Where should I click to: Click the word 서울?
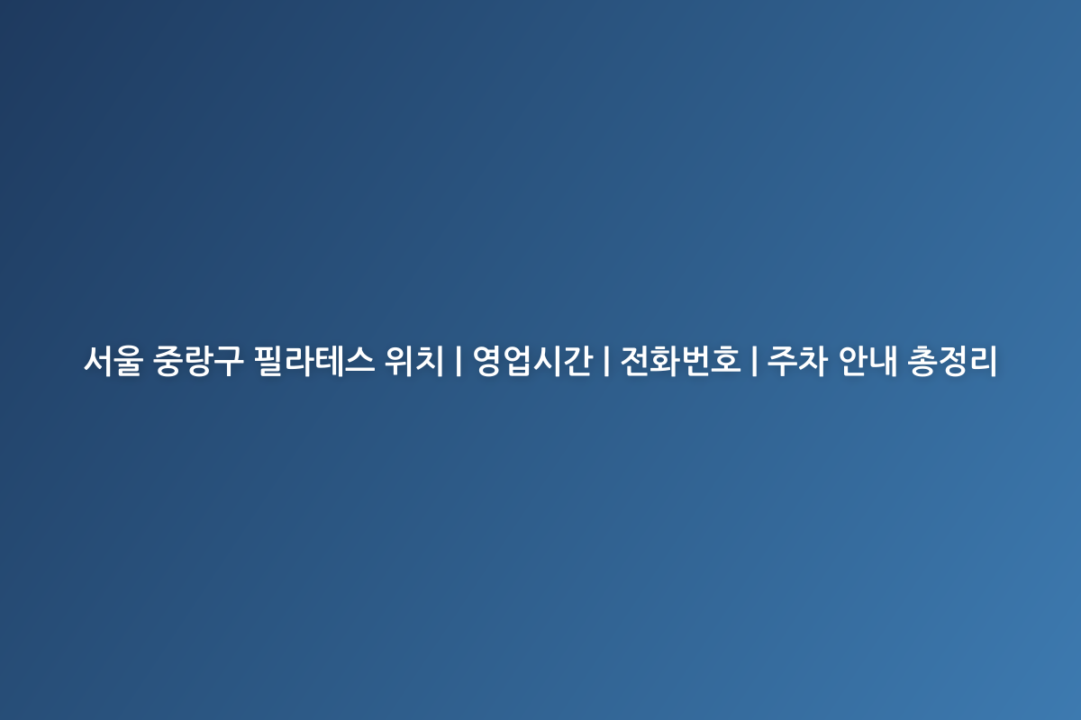[x=114, y=361]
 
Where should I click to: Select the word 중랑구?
[x=198, y=361]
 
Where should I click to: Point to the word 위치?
[x=413, y=361]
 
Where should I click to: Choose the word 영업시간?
[x=532, y=361]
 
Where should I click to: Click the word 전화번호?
[x=680, y=361]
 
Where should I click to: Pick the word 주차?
[x=797, y=361]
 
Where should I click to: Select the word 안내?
[x=868, y=361]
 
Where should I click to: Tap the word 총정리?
[x=952, y=361]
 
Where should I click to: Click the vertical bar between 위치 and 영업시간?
[x=458, y=361]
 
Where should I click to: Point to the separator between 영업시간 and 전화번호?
[x=606, y=361]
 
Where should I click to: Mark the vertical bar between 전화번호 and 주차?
[x=754, y=361]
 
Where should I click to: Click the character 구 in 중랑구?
[x=228, y=361]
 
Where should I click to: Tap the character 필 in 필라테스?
[x=268, y=361]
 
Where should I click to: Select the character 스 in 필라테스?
[x=360, y=361]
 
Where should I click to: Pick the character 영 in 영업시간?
[x=487, y=361]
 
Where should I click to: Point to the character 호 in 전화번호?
[x=726, y=361]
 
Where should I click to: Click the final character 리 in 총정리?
[x=983, y=361]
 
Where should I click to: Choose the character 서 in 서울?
[x=98, y=361]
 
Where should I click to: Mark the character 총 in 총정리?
[x=922, y=361]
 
